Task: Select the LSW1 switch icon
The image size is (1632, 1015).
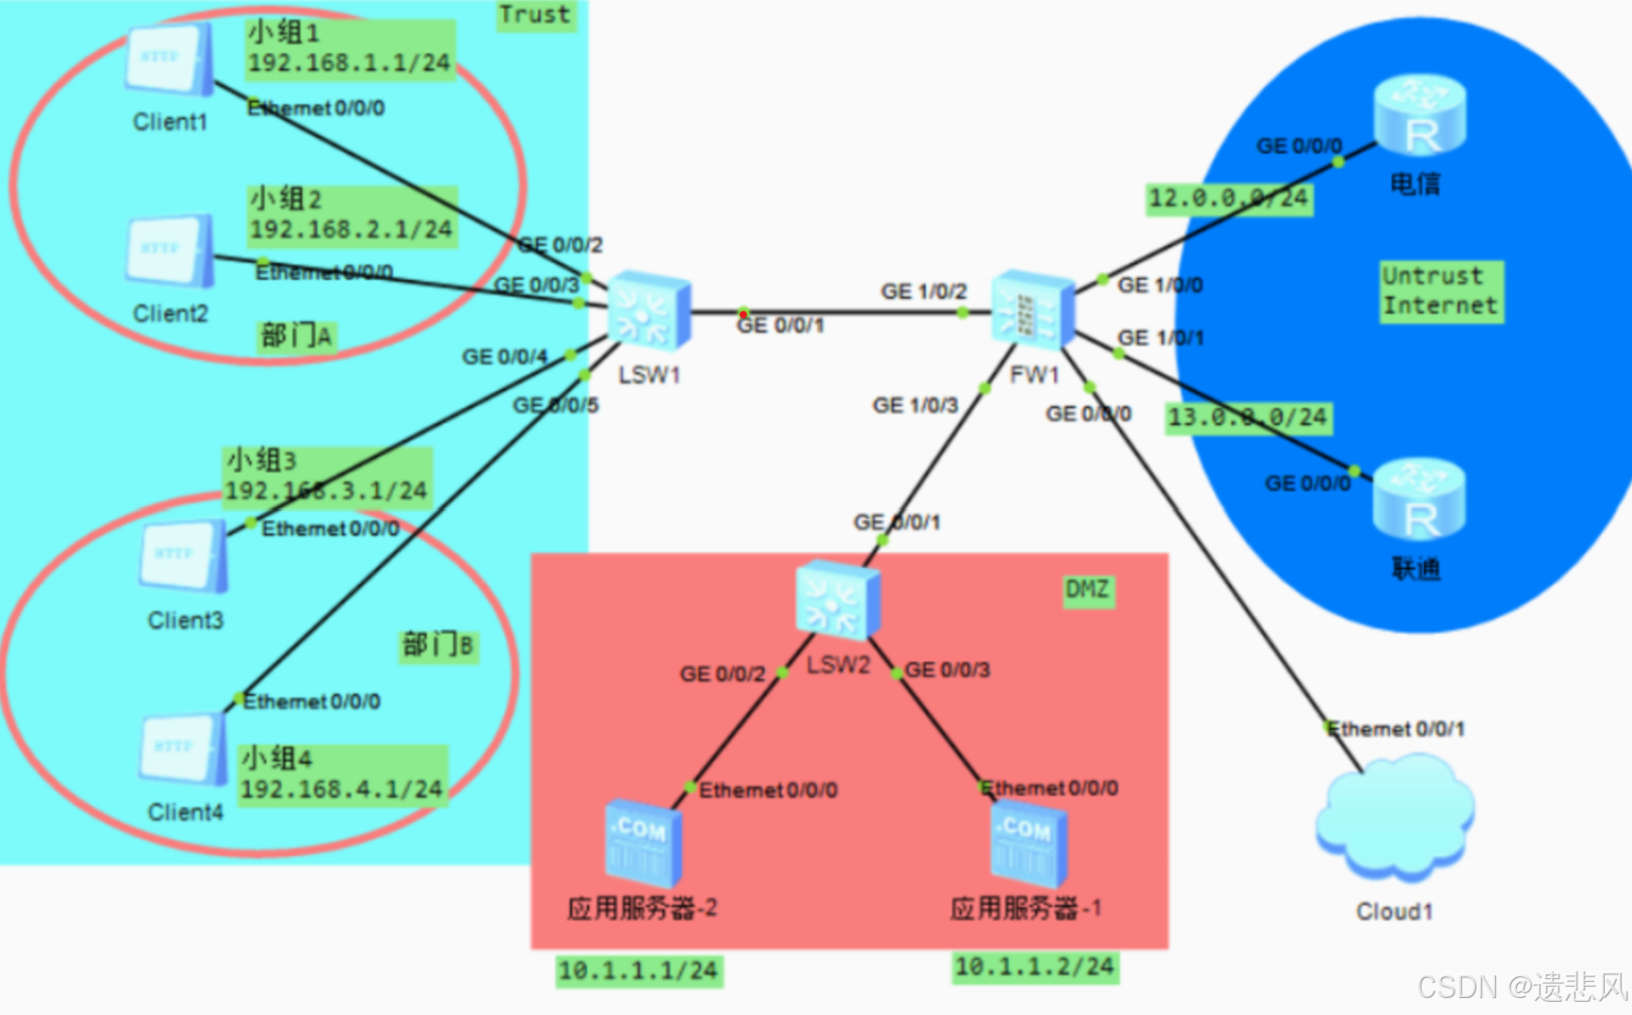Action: pos(649,311)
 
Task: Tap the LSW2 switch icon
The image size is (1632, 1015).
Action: pos(838,600)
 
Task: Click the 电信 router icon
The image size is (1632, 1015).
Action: pos(1419,115)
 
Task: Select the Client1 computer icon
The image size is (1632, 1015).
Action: pos(170,58)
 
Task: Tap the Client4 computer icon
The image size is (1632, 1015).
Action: pos(185,749)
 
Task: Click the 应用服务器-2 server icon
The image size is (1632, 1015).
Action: pos(642,842)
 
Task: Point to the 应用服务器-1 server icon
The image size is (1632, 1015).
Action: pos(1028,842)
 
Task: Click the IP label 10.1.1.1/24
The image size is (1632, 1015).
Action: pos(639,970)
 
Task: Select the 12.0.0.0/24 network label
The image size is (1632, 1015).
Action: pos(1228,198)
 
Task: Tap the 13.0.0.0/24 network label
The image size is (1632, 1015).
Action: pos(1248,417)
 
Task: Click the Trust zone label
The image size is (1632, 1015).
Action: pos(535,15)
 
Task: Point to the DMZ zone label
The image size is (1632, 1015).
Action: pos(1088,591)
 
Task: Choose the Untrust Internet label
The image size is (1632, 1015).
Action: pos(1440,291)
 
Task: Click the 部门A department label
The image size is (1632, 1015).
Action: pos(296,336)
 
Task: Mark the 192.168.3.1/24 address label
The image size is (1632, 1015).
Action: pos(326,491)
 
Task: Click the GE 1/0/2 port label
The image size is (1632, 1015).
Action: pos(924,291)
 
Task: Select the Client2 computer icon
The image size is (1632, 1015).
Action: pos(170,251)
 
